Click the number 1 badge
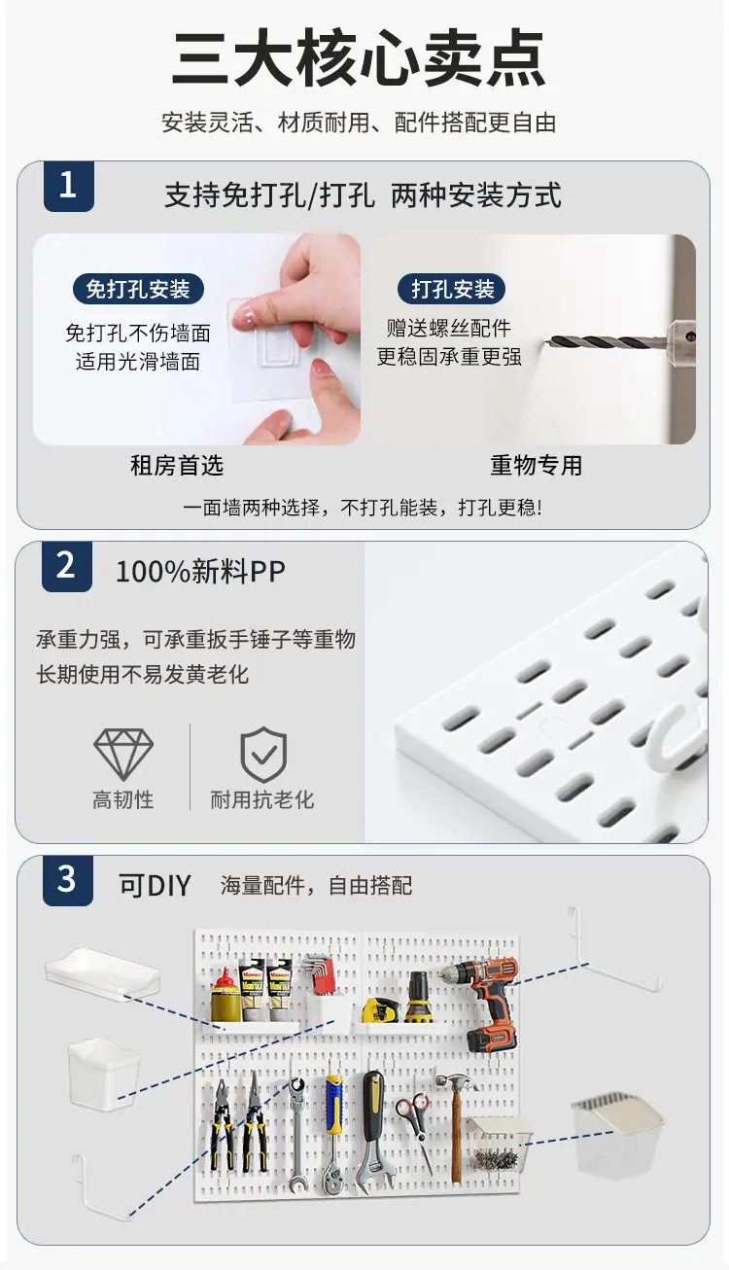pos(69,186)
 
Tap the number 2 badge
pos(67,566)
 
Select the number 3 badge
pos(67,880)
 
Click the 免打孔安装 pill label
pos(138,289)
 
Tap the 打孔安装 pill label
pos(452,289)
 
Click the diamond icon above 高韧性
pos(123,754)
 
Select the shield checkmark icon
pos(263,754)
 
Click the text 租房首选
pos(177,466)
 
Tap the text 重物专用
pos(537,466)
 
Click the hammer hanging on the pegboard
pos(457,1117)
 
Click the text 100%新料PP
pos(200,571)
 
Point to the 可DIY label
pos(155,886)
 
